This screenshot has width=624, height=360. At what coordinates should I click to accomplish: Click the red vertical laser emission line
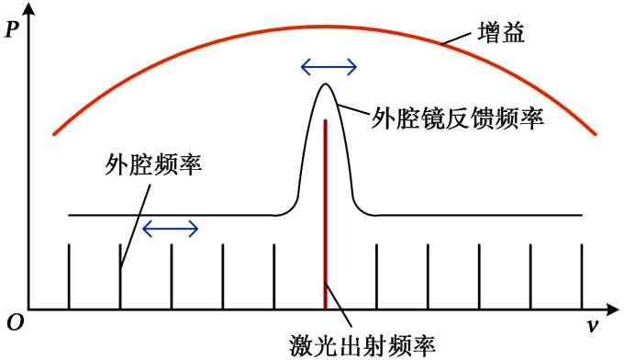click(326, 211)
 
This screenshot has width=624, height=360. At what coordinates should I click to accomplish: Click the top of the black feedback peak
click(324, 84)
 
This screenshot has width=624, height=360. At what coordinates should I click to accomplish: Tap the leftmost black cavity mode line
click(70, 276)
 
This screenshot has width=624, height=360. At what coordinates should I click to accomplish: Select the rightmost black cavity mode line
click(582, 276)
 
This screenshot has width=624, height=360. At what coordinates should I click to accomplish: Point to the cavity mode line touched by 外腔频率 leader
click(120, 276)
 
